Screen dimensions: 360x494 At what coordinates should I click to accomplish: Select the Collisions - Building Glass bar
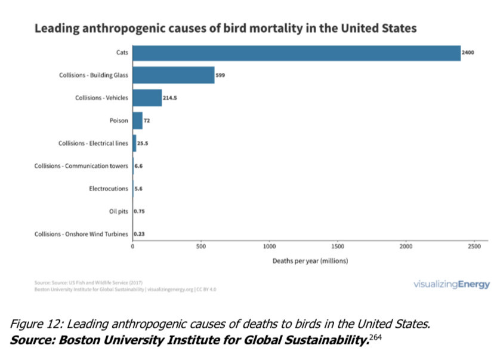174,75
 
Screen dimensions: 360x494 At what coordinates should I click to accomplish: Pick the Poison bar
138,121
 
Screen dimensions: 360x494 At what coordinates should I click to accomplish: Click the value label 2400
468,53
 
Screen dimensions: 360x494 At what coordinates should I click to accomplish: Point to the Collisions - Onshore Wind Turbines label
82,234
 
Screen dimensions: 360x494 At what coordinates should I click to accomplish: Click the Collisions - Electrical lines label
93,143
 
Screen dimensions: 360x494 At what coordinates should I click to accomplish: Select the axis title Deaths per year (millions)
310,261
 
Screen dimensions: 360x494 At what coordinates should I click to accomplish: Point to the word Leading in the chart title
58,28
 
